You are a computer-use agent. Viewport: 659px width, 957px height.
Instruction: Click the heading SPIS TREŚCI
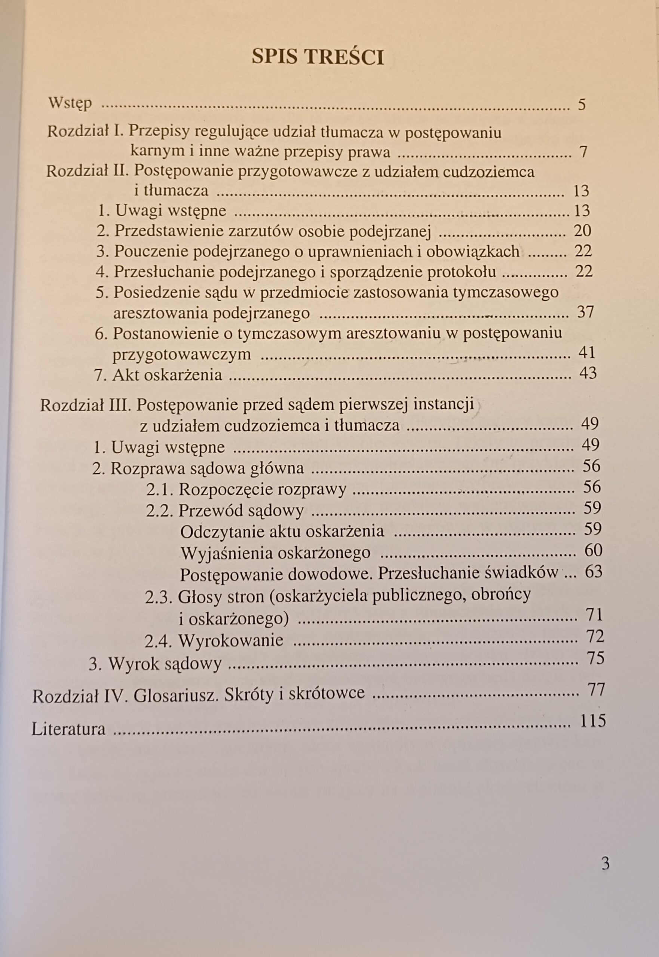pos(318,57)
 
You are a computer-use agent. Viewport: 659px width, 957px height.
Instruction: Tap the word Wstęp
pos(70,103)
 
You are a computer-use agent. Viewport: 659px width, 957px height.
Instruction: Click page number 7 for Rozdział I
pos(583,152)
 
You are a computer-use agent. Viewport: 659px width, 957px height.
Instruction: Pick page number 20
pos(583,231)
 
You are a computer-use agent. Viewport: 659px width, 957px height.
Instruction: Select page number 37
pos(585,311)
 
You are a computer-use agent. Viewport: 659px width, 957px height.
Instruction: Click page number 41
pos(587,353)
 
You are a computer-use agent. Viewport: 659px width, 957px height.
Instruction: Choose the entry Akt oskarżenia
pos(167,374)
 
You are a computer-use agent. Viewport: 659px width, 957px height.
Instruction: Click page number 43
pos(588,373)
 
